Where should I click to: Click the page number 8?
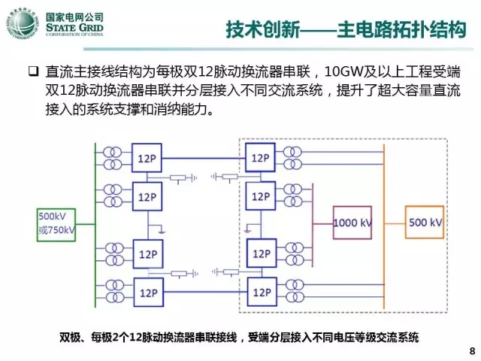471,351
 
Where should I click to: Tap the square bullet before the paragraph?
34,73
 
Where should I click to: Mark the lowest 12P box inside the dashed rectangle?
262,290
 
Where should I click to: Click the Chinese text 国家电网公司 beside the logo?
75,16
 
